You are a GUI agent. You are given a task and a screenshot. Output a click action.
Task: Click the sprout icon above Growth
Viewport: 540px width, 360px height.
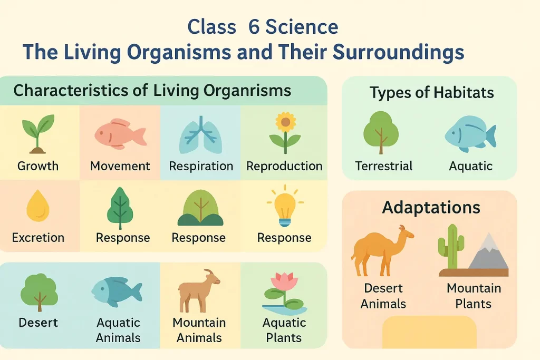click(x=37, y=134)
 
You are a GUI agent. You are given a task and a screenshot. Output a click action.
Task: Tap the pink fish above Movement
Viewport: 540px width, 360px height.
click(x=120, y=133)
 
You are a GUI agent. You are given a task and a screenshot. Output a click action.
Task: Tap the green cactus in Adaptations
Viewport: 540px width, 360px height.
click(x=451, y=247)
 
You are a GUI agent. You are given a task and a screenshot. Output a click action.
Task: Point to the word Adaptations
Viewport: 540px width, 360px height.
click(x=431, y=207)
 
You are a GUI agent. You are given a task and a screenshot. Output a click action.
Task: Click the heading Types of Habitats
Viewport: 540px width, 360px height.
click(x=431, y=93)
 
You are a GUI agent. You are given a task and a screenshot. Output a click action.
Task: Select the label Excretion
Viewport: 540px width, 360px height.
click(x=38, y=238)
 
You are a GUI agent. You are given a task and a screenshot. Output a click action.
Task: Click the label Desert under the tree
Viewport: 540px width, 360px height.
click(x=38, y=322)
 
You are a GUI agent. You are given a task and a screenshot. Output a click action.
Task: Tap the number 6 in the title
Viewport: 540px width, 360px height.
click(x=254, y=27)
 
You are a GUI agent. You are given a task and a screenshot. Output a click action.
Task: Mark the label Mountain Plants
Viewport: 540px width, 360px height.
click(x=474, y=296)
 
